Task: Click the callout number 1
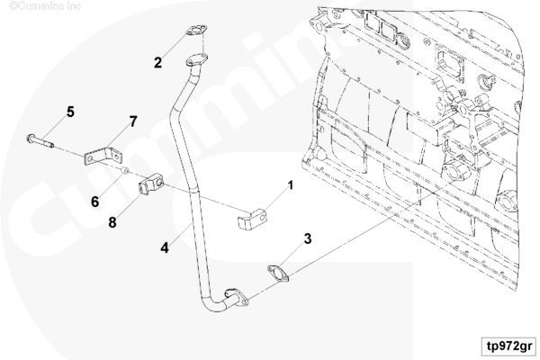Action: (x=291, y=187)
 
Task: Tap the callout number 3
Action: (x=308, y=238)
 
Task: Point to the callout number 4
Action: (x=164, y=244)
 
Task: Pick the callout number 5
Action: (x=69, y=112)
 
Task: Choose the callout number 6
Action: (x=94, y=202)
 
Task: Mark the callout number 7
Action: (x=132, y=121)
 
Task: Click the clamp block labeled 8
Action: (x=148, y=186)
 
